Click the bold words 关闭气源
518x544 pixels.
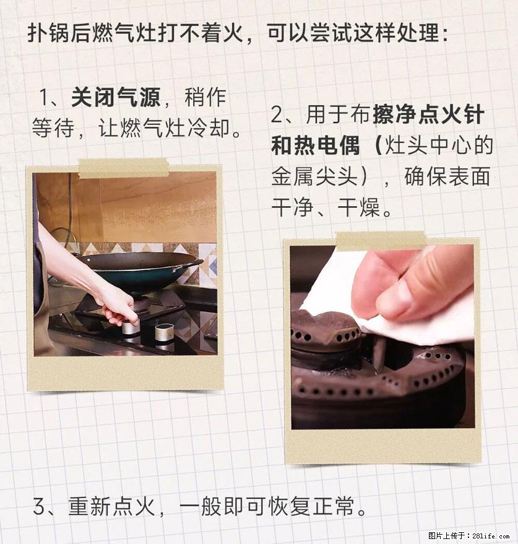[x=116, y=97]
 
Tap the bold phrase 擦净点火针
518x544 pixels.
[x=428, y=115]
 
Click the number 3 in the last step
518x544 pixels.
[x=39, y=507]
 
